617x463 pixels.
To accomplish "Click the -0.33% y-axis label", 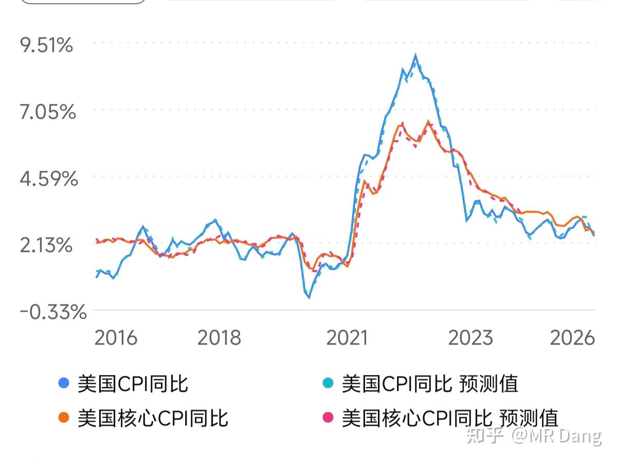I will coord(53,312).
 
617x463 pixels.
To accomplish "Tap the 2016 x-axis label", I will coord(116,338).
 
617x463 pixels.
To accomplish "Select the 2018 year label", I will coord(219,338).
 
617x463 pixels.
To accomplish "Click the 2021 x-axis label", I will coord(347,338).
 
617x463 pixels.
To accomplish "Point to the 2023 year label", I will coord(470,338).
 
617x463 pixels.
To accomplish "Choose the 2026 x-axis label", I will coord(572,338).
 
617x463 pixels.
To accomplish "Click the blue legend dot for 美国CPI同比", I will coord(64,383).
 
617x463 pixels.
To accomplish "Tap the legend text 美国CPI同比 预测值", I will coord(430,383).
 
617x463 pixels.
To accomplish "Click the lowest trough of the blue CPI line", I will coord(309,297).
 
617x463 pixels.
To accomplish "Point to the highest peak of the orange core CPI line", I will coord(428,121).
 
